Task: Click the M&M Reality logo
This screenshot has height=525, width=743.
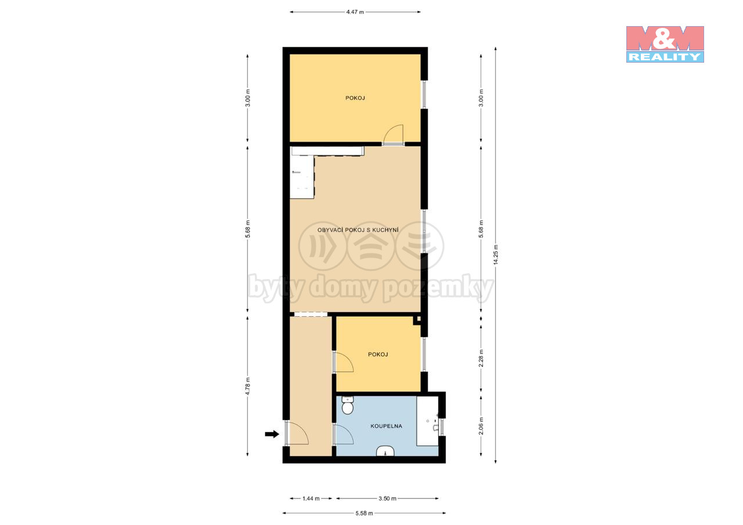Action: pos(665,44)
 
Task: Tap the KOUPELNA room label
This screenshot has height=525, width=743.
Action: pos(386,426)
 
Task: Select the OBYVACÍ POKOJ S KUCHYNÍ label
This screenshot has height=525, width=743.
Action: pos(358,230)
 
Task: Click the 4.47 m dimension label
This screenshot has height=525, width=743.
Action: pos(355,12)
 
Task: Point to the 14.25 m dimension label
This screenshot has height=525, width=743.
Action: pos(496,255)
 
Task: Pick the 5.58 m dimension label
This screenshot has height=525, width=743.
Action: pos(364,513)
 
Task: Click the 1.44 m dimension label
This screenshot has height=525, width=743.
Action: pos(311,498)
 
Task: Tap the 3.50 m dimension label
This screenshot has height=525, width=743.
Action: pos(387,498)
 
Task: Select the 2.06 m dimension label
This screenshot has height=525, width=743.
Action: pos(481,426)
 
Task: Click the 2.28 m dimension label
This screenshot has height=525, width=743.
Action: pos(481,359)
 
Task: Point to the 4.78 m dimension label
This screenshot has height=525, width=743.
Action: pos(248,386)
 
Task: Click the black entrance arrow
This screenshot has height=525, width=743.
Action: pos(272,434)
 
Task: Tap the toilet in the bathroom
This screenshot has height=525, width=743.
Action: pos(347,405)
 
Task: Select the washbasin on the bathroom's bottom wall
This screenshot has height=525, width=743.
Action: pos(385,451)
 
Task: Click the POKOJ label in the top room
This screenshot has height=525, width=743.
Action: pos(355,98)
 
